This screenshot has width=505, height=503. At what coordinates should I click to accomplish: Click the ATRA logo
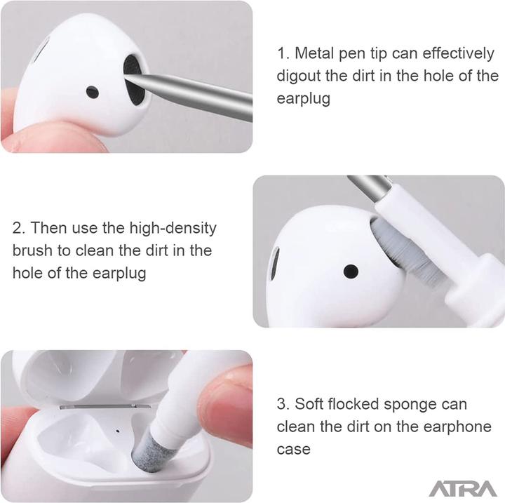462,488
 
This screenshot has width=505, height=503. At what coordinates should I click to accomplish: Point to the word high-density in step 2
173,229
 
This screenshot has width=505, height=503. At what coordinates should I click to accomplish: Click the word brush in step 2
32,250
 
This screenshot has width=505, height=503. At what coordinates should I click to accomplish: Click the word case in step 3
293,449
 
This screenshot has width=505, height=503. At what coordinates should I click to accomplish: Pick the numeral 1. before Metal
283,53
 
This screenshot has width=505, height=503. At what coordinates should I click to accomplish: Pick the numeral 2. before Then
19,228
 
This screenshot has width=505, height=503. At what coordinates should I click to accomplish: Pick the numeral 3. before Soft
283,404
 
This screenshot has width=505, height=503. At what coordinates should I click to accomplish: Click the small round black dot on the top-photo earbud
93,92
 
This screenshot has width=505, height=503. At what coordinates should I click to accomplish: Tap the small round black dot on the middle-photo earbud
351,271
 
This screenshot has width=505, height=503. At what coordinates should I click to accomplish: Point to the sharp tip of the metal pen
126,76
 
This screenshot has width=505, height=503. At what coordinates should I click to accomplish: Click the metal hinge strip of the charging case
105,406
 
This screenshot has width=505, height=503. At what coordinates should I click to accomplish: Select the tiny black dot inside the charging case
117,431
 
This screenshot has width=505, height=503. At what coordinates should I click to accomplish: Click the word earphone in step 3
457,427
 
